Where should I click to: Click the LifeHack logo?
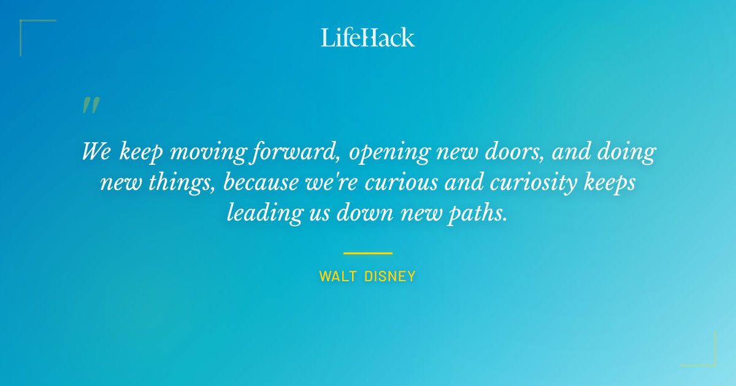coord(368,37)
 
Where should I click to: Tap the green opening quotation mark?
coord(90,105)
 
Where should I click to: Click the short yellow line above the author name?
coord(368,252)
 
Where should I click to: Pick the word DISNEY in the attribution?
coord(389,277)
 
